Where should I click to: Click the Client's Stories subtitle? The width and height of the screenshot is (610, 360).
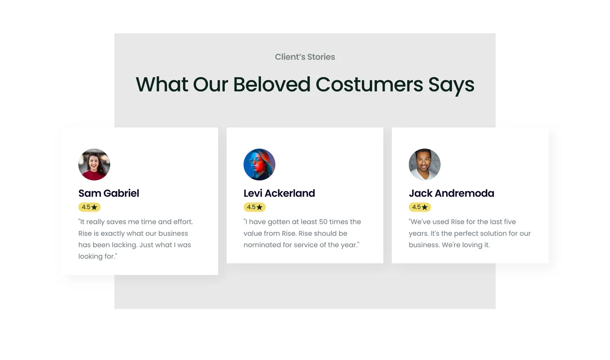click(x=304, y=57)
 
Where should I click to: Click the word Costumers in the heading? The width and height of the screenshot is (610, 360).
click(x=369, y=84)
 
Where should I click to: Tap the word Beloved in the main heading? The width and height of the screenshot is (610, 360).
click(x=272, y=84)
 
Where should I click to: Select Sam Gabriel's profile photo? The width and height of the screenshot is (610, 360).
click(x=94, y=164)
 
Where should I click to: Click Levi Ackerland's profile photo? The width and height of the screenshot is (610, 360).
click(x=259, y=164)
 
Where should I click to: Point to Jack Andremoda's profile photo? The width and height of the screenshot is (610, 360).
click(x=424, y=164)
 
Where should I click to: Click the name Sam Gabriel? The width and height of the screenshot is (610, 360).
click(x=109, y=193)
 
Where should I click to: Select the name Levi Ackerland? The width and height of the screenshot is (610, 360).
click(x=279, y=193)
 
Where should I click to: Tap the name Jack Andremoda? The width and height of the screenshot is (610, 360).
click(x=451, y=193)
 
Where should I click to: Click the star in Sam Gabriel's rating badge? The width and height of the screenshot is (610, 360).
click(x=94, y=207)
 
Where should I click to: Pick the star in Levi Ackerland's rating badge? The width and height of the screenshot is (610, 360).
click(x=260, y=207)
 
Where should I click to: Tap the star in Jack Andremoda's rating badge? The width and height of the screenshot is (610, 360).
click(x=424, y=207)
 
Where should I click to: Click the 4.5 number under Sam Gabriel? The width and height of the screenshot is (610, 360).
click(x=86, y=207)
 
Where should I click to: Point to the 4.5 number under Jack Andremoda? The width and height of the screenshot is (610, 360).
click(x=416, y=207)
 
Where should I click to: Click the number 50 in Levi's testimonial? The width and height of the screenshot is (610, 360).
click(x=323, y=222)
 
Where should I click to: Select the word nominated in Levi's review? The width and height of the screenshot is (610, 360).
click(x=262, y=245)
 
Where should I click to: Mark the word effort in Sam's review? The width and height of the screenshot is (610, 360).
click(x=183, y=222)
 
